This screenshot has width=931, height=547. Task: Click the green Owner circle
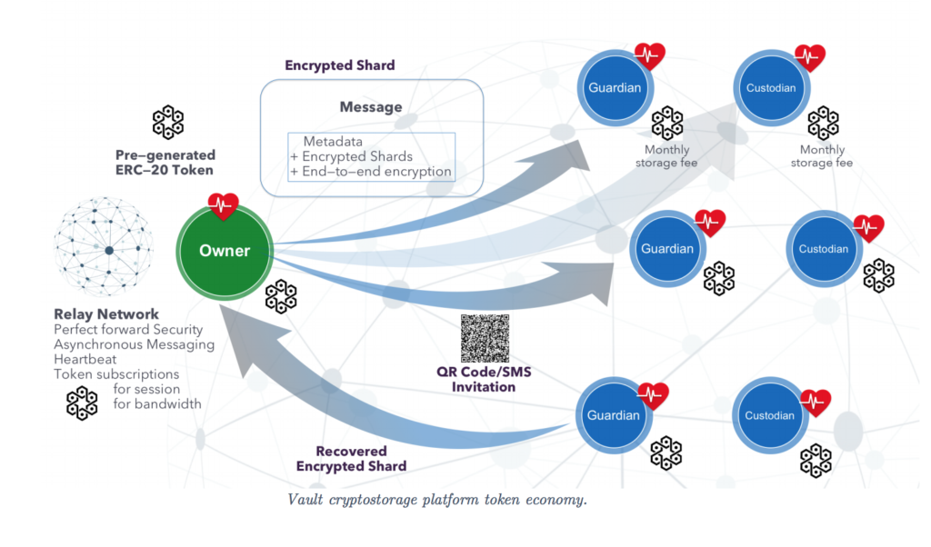click(x=224, y=251)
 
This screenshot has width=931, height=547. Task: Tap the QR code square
click(x=486, y=339)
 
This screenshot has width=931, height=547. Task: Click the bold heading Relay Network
click(x=106, y=314)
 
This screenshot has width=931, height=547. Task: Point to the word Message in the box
click(x=371, y=107)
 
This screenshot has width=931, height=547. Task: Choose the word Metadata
click(x=333, y=142)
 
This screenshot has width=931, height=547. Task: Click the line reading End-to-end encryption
click(x=376, y=171)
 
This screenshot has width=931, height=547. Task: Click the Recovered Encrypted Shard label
click(x=351, y=458)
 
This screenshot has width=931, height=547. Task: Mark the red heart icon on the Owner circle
click(x=223, y=206)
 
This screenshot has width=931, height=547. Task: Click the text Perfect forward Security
click(x=128, y=329)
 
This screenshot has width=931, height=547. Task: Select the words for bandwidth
click(x=156, y=403)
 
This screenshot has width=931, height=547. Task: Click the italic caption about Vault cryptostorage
click(x=437, y=500)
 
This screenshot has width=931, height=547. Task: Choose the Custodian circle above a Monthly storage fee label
click(x=771, y=88)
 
